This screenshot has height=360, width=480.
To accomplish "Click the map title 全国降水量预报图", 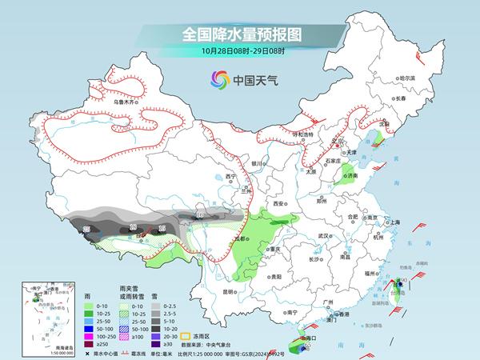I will [239, 34].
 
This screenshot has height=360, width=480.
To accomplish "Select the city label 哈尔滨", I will [408, 78].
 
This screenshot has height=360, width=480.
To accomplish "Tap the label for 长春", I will [399, 98].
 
